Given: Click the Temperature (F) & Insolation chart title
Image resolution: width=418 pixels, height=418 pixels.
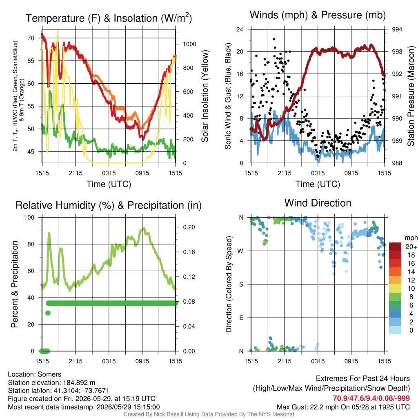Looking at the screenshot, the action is point(109,18).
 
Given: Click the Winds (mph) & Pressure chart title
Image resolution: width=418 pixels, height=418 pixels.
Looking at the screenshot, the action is point(318,15).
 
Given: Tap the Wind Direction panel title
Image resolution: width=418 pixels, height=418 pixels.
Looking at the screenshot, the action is point(318,203).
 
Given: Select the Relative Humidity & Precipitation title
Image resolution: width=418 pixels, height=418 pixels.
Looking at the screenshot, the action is point(109,205).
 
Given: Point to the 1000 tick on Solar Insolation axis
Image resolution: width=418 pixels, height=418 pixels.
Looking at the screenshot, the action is point(189,44).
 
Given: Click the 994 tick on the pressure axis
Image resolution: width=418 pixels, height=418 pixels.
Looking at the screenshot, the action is point(397,29).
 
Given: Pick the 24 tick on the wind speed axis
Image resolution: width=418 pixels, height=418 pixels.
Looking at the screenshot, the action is point(240,29).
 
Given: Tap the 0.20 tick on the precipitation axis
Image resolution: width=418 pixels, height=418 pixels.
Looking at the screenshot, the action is point(189,227).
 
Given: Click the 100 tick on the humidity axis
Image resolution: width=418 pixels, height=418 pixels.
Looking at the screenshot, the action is point(29,217).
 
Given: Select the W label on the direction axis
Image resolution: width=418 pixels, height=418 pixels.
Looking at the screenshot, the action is point(241,251).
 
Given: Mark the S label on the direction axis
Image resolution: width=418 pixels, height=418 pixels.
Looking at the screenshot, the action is point(241,285).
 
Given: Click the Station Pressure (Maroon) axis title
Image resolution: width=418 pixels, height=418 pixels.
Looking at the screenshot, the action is point(411,96).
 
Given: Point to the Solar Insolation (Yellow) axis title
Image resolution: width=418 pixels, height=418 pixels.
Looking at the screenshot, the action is point(205,96).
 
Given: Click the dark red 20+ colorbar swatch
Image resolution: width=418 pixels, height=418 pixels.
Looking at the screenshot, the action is point(395,247).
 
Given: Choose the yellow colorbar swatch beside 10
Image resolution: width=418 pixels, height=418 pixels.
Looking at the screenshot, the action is point(395,289).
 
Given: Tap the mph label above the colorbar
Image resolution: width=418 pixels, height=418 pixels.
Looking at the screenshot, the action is point(411,238).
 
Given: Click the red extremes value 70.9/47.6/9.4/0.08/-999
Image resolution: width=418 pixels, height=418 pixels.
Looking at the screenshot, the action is point(371,398).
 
